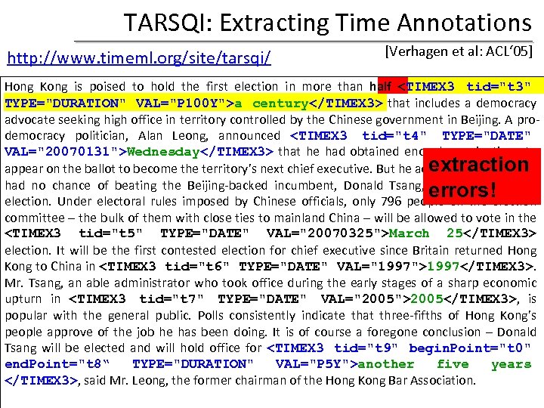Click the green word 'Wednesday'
click(x=162, y=151)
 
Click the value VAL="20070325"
click(x=320, y=233)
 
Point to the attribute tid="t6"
click(x=199, y=266)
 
